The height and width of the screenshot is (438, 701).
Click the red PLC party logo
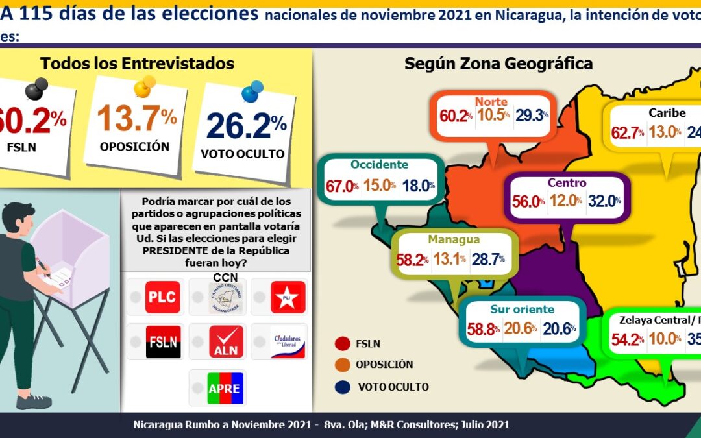pos(162,297)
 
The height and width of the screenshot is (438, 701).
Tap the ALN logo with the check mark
pos(226,342)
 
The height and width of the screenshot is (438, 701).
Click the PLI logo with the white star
pos(287,297)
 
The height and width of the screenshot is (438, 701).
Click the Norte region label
pos(491,102)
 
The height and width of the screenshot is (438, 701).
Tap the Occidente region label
pos(379,165)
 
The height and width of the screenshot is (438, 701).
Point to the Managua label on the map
pos(449,240)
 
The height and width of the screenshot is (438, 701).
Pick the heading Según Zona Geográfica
pos(498,64)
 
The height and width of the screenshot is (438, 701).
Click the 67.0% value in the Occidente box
pos(342,186)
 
